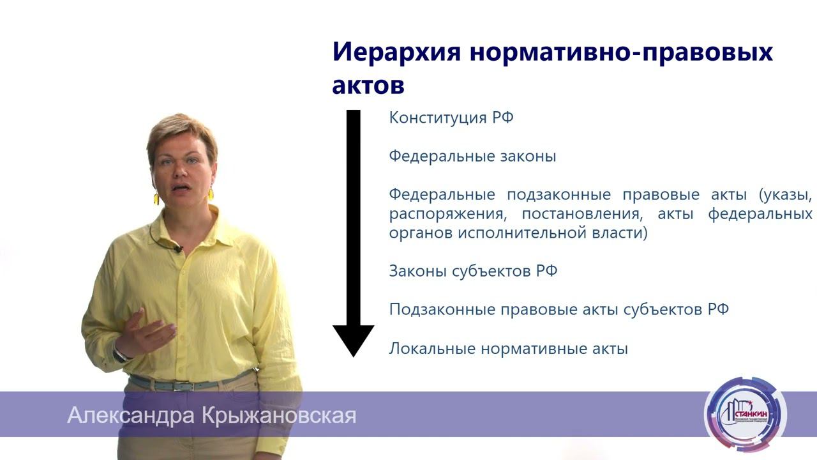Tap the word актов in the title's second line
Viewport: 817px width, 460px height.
368,86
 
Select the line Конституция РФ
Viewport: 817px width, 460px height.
451,118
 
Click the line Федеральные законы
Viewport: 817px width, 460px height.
472,157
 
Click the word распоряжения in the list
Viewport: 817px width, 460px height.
444,214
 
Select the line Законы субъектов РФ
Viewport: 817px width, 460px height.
473,272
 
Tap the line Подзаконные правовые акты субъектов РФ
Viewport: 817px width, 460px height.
558,310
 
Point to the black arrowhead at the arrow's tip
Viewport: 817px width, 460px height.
353,341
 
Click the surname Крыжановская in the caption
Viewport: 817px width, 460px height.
278,416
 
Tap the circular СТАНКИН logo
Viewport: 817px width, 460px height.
745,413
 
